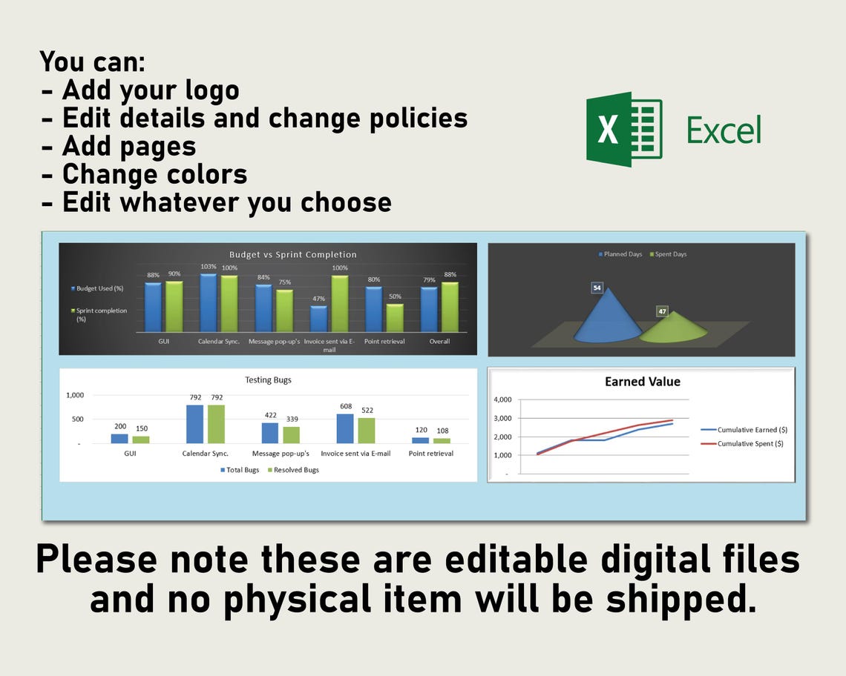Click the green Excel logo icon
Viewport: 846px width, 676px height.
623,130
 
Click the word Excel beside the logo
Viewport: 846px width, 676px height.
724,130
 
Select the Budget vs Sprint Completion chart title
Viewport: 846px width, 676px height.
292,254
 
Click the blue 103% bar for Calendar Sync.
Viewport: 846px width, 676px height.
208,302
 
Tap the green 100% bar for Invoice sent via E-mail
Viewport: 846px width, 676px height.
340,303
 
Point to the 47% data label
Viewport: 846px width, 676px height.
318,299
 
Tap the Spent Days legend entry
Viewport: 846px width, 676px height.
669,254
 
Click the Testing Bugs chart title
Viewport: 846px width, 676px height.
268,380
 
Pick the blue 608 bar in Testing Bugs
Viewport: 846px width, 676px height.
345,428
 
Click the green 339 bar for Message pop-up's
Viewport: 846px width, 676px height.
292,434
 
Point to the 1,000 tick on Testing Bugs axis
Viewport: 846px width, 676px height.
75,395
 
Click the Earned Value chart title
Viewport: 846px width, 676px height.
642,382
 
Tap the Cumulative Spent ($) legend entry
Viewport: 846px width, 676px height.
750,443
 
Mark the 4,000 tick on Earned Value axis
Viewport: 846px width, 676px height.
502,400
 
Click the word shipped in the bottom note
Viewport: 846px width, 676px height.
680,599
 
